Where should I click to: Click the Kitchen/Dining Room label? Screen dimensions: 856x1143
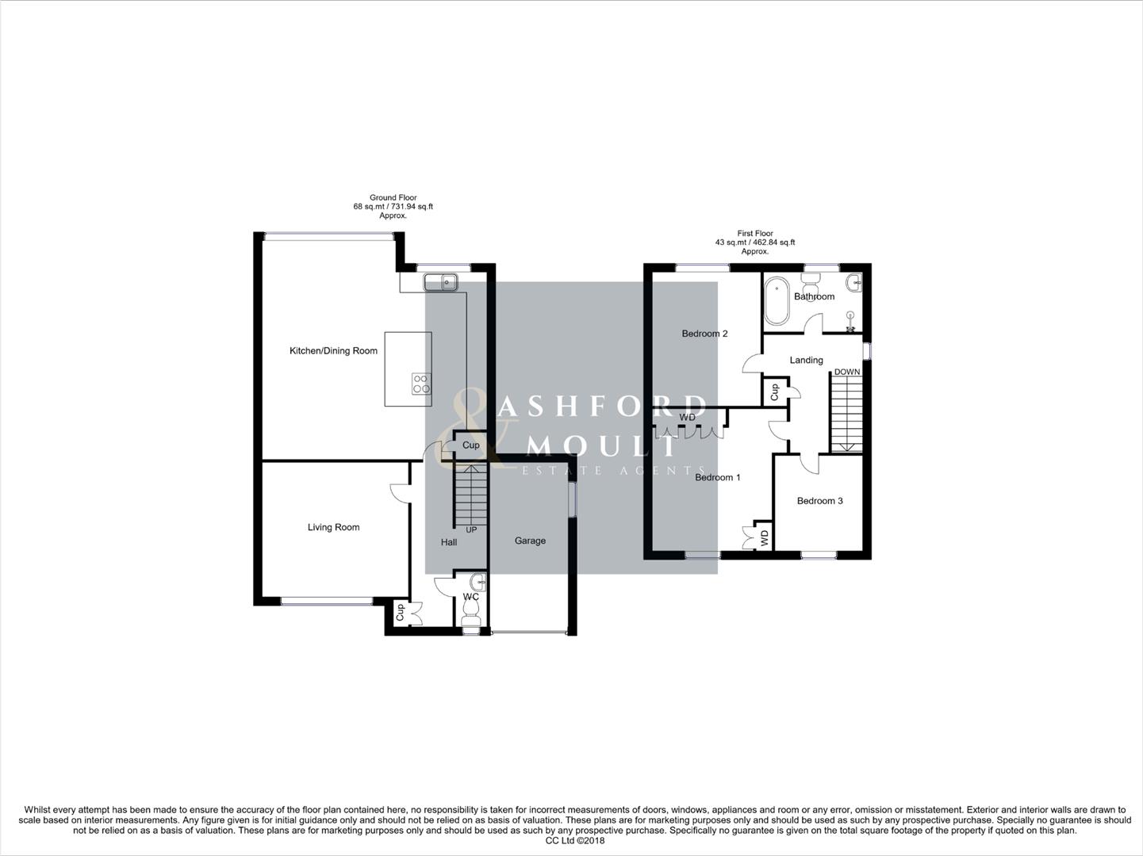(333, 351)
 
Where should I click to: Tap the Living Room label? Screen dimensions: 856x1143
(333, 527)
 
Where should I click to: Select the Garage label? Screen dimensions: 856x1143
(530, 541)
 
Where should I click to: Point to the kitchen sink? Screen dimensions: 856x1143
(440, 281)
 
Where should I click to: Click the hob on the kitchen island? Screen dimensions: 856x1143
(420, 384)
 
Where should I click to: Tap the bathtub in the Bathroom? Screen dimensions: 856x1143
(776, 300)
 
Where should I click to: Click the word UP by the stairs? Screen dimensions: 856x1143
(471, 529)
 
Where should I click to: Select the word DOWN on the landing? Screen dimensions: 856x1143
(846, 372)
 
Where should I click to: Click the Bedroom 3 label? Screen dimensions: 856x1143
(819, 501)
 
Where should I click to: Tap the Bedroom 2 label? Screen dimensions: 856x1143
(704, 334)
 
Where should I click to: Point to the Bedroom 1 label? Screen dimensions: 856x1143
(717, 477)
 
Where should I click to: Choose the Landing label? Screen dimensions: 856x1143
(806, 360)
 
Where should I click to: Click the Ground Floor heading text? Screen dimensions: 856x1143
(393, 197)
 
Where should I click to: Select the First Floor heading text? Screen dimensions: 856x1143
(755, 234)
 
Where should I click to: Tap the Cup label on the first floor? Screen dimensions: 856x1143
(774, 392)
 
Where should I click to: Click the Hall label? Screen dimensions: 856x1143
(449, 542)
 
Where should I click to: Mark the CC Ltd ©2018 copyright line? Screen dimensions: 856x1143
(575, 841)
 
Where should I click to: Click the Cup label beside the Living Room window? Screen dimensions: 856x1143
(400, 612)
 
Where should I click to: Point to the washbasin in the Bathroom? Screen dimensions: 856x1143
(853, 282)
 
